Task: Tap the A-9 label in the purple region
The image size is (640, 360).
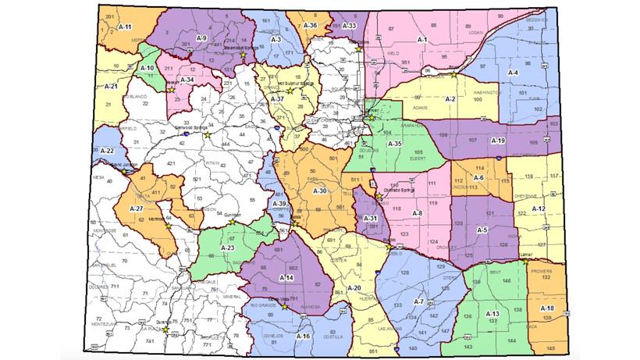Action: tap(201, 37)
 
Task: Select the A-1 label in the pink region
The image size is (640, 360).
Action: tap(422, 38)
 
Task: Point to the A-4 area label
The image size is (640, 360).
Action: tap(513, 72)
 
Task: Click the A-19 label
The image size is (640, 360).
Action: tap(499, 141)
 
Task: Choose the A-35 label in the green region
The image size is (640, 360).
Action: tap(396, 144)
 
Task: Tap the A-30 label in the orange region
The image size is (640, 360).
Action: tap(319, 191)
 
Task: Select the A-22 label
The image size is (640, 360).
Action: tap(107, 150)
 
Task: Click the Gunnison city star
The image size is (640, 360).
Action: tap(231, 222)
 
